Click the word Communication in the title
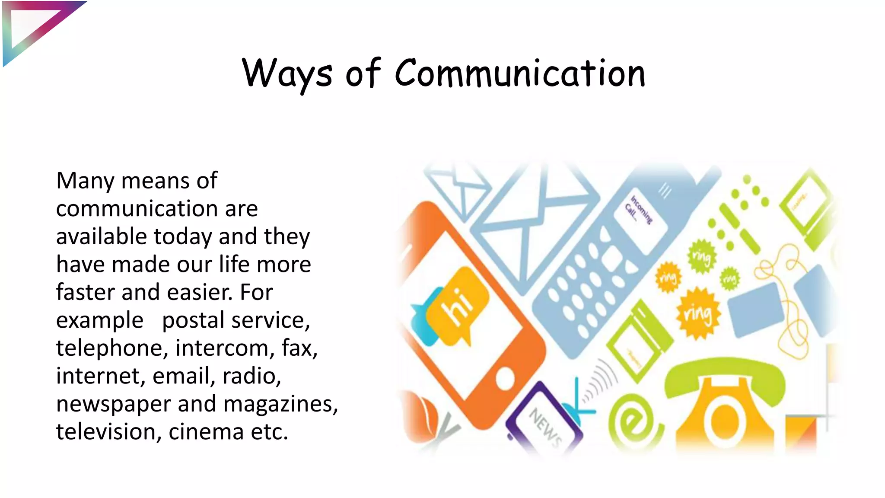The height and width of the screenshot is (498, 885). point(520,73)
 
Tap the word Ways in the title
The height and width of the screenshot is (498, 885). point(287,73)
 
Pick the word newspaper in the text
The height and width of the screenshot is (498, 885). point(114,404)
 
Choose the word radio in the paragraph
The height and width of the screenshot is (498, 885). point(251,376)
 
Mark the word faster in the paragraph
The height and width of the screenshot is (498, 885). point(85,293)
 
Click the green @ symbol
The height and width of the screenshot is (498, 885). point(634,421)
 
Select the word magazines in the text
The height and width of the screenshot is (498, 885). point(280,404)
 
